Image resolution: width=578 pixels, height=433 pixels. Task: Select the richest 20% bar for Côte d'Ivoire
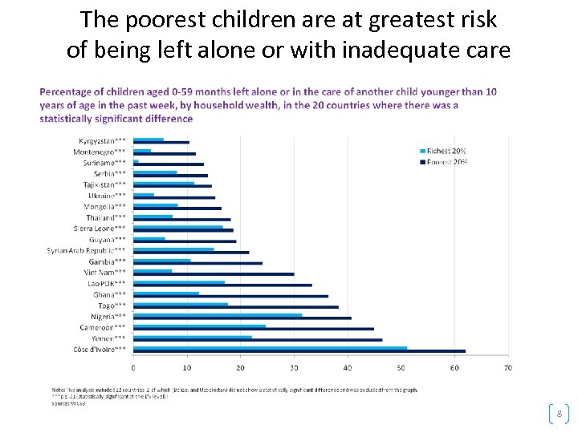coord(270,348)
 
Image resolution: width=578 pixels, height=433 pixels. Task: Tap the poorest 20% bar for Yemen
coord(257,340)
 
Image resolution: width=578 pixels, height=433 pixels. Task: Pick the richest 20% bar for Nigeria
coord(218,315)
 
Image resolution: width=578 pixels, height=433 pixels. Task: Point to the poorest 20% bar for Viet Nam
coord(214,274)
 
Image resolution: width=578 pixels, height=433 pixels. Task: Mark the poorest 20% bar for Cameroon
coord(253,329)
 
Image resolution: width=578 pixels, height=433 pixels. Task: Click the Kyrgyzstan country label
coord(102,141)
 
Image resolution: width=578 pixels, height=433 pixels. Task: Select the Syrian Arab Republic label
coord(86,251)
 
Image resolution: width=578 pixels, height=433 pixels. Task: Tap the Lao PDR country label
coord(106,284)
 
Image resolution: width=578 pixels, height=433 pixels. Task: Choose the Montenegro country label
coord(99,152)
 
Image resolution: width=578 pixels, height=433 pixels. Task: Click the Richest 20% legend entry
coord(446,151)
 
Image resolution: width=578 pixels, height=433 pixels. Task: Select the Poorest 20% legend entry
coord(446,161)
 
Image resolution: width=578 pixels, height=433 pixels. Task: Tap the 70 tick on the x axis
coord(507,368)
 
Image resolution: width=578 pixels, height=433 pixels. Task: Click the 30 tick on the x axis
coord(294,368)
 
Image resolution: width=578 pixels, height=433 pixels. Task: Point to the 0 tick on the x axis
coord(133,368)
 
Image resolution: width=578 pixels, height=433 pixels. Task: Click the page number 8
coord(559,414)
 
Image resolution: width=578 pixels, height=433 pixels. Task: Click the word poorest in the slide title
coord(164,19)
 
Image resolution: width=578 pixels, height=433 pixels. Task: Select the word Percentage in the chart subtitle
coord(64,92)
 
